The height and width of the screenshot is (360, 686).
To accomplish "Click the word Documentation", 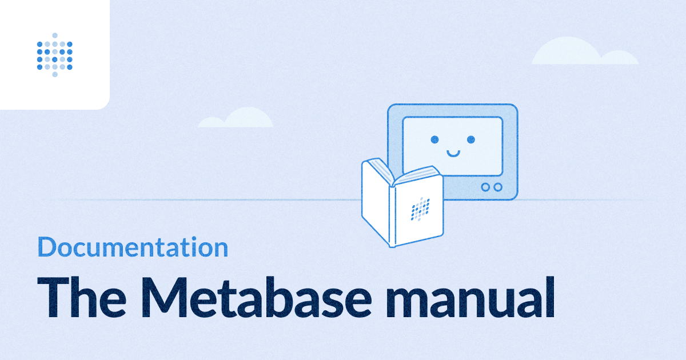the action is click(133, 247).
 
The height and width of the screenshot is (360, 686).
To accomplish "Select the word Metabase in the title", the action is click(256, 297).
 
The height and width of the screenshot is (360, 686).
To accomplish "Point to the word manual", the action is click(470, 297).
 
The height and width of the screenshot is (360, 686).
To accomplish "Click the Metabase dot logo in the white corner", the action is click(55, 55).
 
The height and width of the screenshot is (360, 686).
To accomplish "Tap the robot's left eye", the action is click(434, 139).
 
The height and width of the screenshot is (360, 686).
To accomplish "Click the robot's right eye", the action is click(471, 139).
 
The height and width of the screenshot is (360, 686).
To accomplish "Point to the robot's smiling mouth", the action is click(453, 154).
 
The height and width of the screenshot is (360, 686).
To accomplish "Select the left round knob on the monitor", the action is click(485, 187).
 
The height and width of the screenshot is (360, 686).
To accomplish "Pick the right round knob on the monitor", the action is click(498, 187).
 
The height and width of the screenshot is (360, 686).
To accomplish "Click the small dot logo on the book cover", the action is click(420, 209).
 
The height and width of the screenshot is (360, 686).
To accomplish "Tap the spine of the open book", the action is click(392, 217).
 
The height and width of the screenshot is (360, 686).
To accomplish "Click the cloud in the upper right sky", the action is click(585, 51).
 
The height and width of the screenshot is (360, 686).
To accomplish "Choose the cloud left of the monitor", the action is click(236, 118).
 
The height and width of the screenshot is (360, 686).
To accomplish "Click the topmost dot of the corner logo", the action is click(55, 35).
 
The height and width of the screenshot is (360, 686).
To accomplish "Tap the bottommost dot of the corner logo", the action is click(55, 74).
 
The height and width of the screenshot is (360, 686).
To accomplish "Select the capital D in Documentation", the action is click(46, 247).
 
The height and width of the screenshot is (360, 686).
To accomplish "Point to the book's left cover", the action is click(376, 202).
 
